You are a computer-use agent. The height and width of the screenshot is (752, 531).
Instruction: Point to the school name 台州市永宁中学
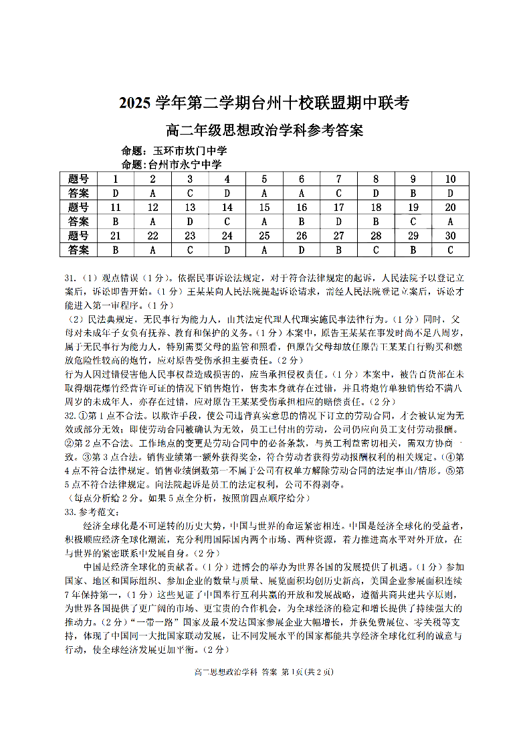185,164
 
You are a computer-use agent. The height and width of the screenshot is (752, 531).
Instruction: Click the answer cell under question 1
115,193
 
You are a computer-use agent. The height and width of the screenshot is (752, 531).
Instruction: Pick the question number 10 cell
450,179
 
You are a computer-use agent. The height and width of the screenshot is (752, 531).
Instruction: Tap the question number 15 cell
264,207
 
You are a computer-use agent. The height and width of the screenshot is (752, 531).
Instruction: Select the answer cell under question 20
450,221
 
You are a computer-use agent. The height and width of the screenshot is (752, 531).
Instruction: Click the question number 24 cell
227,235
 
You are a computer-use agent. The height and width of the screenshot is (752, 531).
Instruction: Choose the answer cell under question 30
450,250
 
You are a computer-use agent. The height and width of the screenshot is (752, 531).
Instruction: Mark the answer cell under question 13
190,221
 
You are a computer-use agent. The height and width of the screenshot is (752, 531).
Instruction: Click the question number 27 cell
339,235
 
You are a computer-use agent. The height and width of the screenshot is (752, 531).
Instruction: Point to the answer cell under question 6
302,193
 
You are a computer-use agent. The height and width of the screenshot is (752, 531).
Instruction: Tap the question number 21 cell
115,235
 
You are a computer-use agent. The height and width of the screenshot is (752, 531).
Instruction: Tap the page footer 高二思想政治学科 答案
235,672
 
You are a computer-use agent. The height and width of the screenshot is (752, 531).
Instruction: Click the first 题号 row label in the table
78,179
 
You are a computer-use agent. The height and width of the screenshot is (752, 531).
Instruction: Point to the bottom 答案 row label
78,250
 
